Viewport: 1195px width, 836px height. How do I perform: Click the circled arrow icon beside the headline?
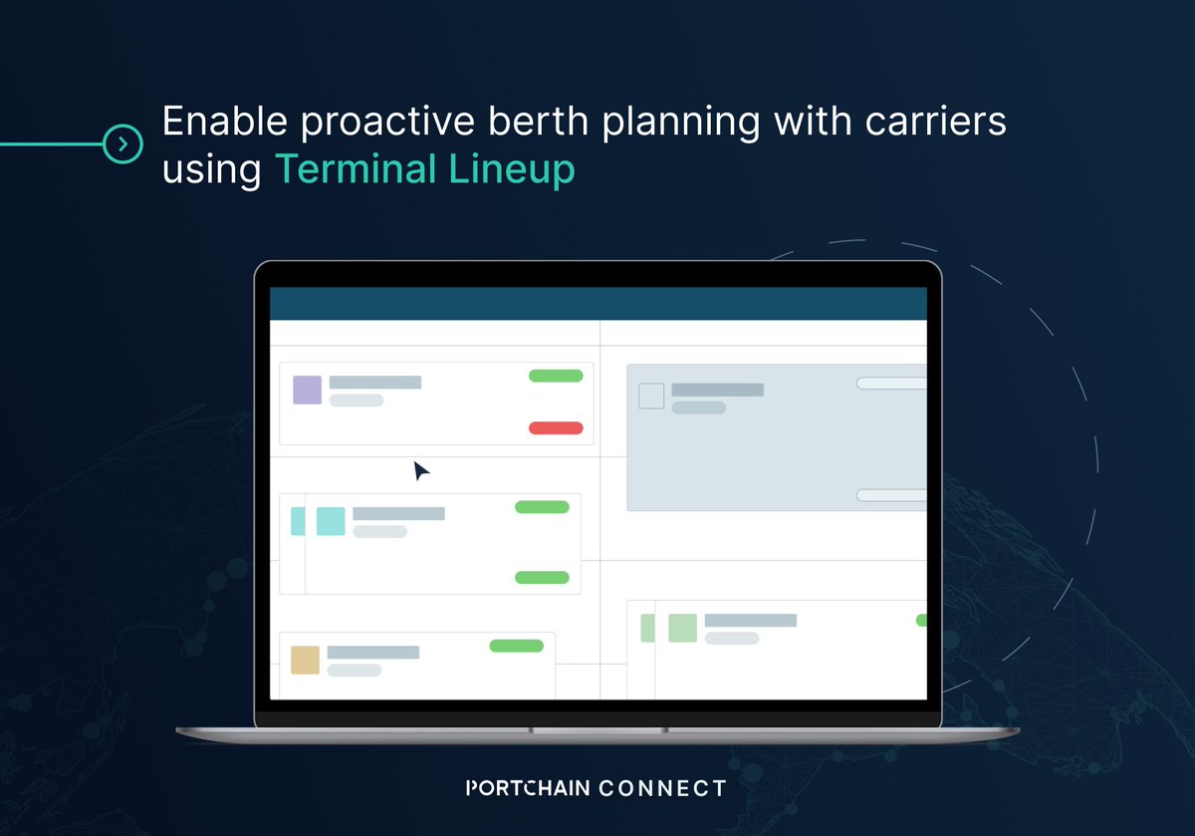tap(122, 144)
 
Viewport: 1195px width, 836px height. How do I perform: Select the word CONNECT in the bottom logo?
tap(662, 788)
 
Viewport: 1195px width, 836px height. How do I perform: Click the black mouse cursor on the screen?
tap(421, 471)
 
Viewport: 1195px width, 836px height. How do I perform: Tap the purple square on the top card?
tap(307, 390)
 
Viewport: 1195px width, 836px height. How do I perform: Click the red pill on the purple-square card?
tap(555, 428)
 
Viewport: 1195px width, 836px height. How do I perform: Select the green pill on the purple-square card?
tap(555, 376)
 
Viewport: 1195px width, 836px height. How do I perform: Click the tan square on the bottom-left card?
tap(305, 660)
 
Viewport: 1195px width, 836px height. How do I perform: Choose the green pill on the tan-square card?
tap(516, 646)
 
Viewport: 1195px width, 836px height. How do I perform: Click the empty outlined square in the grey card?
tap(650, 396)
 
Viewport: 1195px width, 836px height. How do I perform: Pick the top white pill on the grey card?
tap(891, 383)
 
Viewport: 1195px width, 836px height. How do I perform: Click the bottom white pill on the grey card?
tap(891, 495)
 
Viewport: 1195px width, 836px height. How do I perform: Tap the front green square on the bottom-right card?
tap(682, 628)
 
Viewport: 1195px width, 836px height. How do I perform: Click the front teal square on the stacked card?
tap(331, 521)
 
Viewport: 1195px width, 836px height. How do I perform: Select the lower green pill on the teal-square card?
tap(542, 578)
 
